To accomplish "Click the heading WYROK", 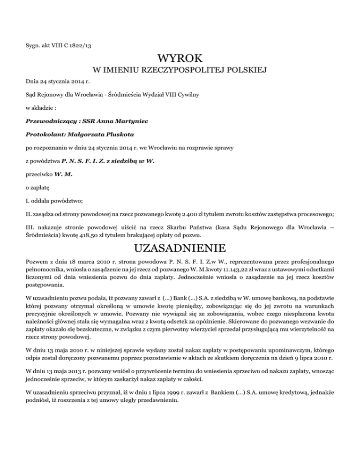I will tap(180, 59).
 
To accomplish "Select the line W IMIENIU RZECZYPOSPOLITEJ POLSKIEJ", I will tap(180, 71).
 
